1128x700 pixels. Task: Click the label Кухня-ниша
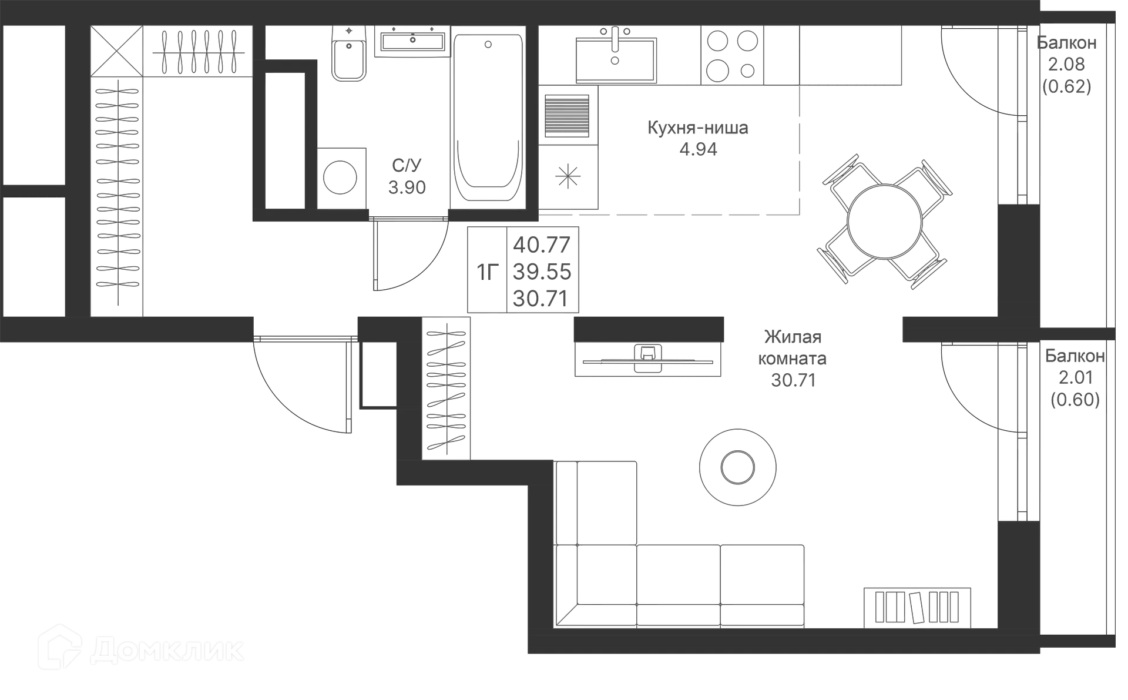697,128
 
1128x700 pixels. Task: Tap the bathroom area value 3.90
407,188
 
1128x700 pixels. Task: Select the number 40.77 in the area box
542,244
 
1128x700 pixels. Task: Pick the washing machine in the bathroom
341,177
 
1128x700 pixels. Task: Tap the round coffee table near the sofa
737,465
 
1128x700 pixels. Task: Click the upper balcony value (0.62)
1067,87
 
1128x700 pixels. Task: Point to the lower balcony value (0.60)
1074,400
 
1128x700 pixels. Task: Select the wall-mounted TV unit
649,360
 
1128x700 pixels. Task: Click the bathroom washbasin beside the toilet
412,41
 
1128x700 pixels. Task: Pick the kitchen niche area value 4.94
697,150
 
